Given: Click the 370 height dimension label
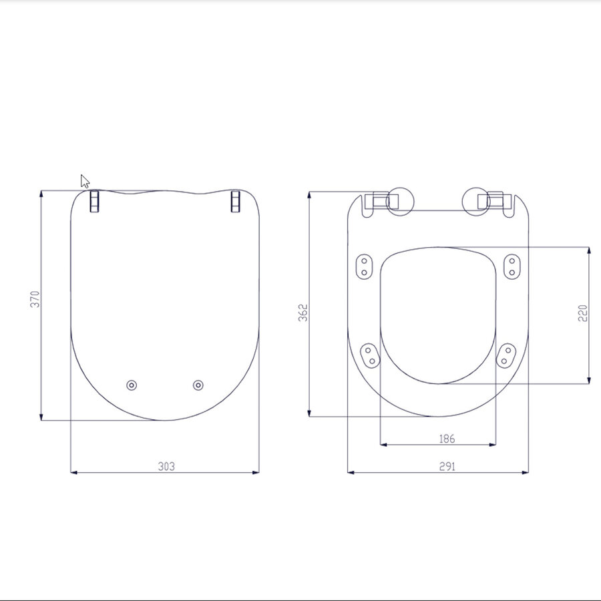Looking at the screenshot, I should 35,298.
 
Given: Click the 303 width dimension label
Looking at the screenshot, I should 166,466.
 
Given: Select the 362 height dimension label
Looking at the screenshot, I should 303,313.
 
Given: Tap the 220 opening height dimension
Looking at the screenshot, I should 582,313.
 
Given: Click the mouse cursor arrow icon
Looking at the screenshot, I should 85,181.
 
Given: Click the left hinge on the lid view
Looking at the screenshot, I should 95,202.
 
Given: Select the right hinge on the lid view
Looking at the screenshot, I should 235,202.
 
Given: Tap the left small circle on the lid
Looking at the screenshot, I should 132,385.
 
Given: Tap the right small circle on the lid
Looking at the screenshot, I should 198,385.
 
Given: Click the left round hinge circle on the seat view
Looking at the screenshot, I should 400,200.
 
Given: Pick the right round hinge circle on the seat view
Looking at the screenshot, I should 477,200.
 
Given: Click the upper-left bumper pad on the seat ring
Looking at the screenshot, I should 365,266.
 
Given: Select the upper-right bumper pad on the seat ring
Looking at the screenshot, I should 512,266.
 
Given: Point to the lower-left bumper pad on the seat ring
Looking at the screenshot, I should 369,355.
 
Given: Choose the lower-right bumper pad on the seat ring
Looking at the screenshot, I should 506,354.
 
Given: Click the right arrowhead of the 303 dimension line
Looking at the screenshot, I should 256,473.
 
